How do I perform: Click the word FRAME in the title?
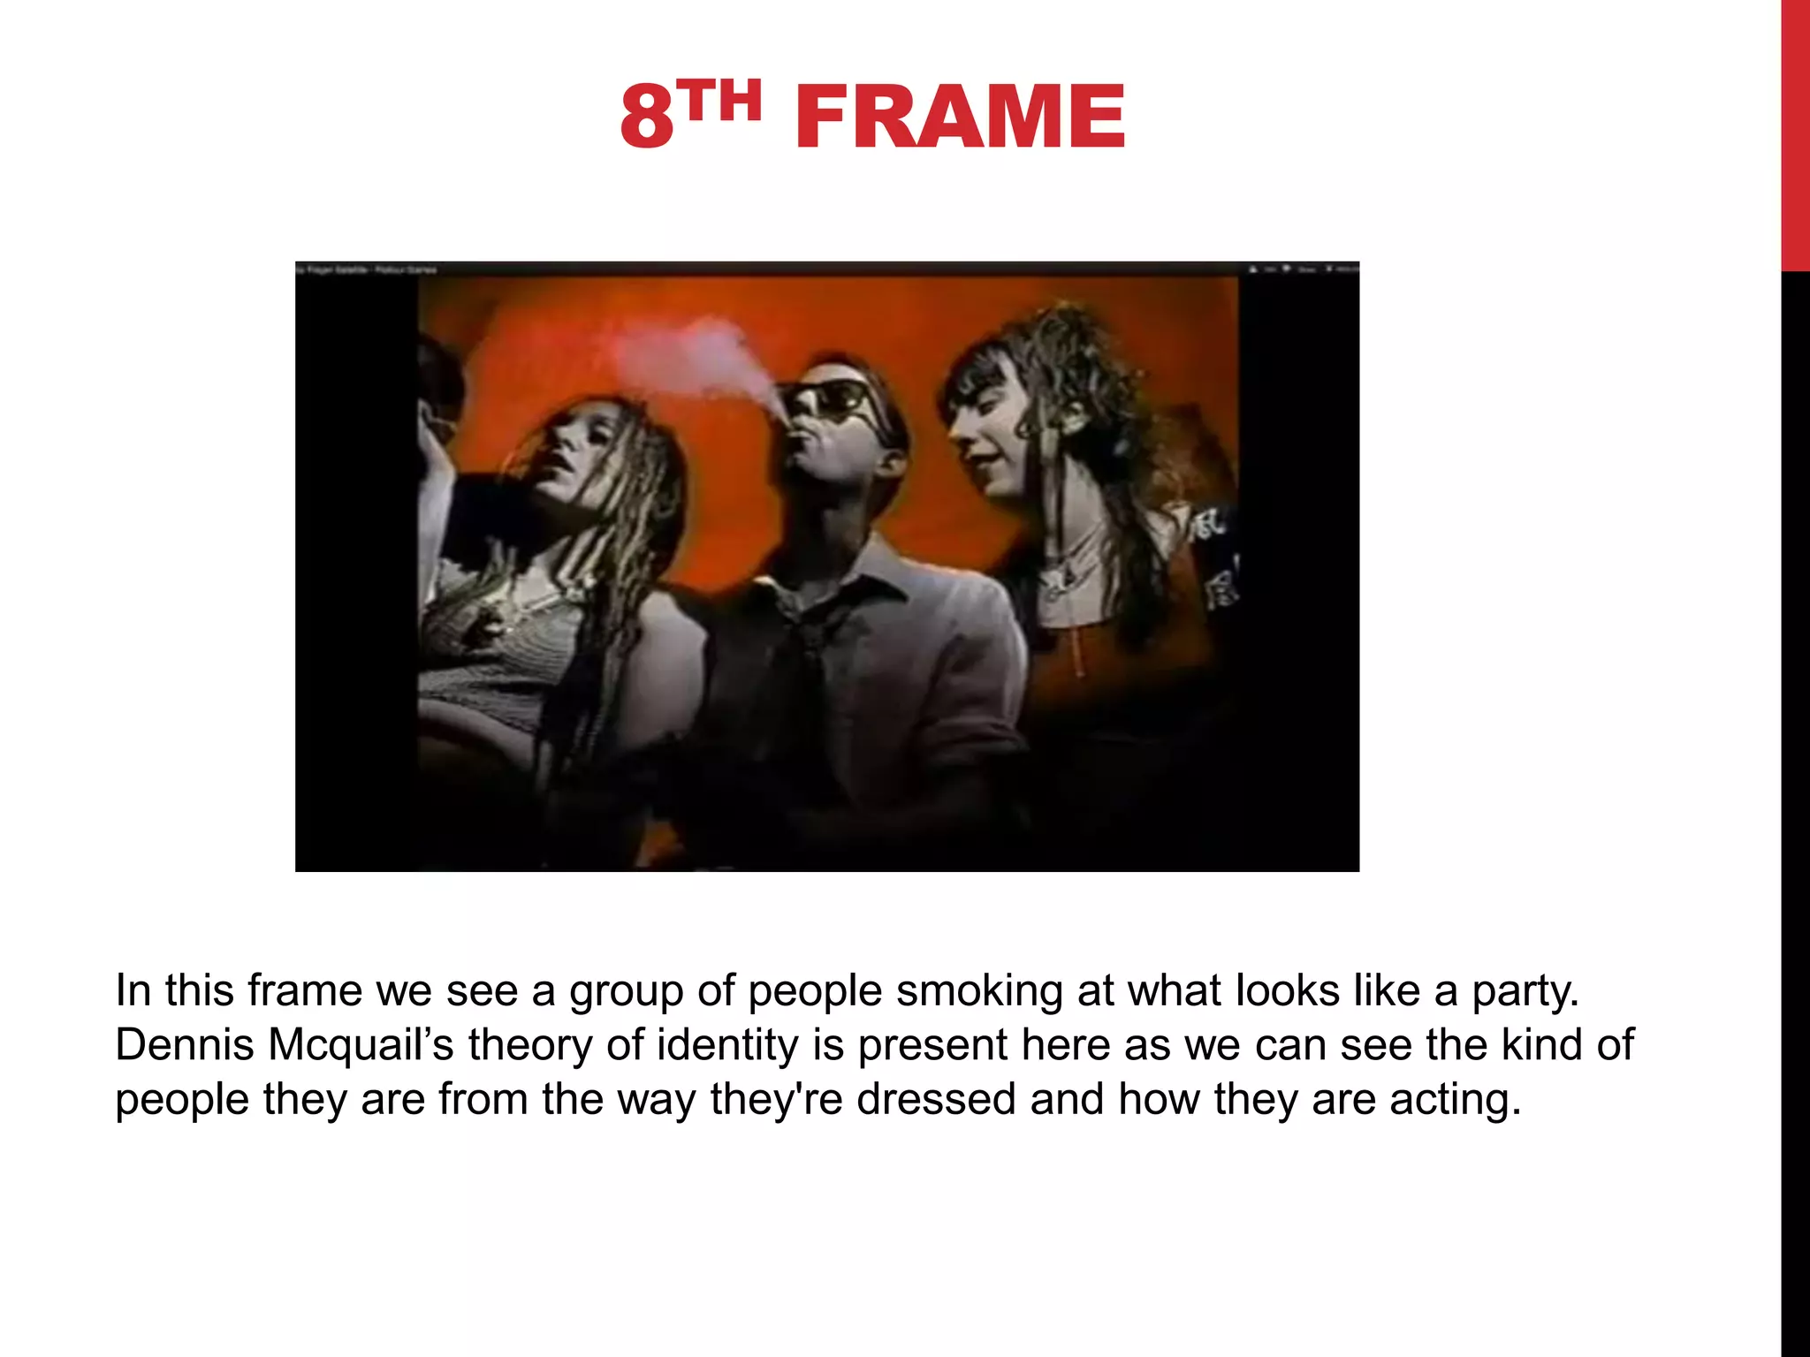tap(960, 117)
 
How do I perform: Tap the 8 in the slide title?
tap(647, 117)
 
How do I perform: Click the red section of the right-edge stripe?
tap(1795, 133)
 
